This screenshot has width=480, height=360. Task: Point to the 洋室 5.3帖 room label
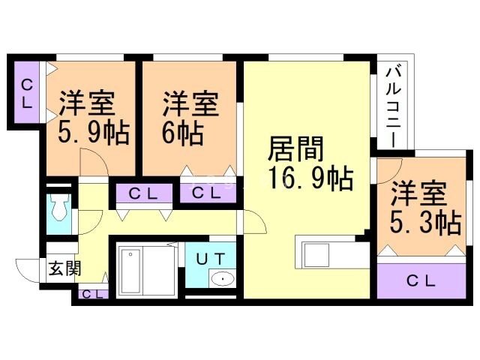424,208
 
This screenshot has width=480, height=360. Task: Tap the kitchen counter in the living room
328,254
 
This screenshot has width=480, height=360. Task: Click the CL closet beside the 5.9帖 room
26,94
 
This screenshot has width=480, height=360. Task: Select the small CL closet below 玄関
91,293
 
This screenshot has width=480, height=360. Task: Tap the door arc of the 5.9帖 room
92,162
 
